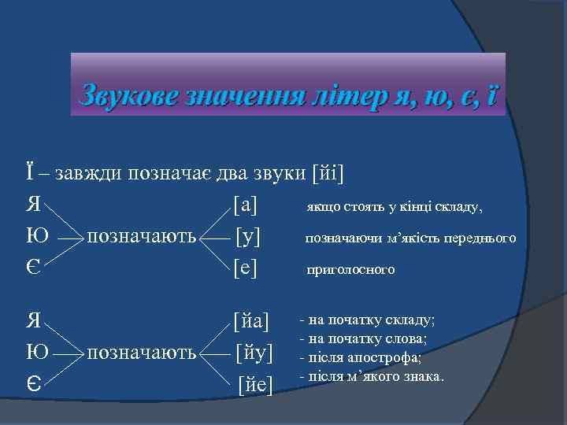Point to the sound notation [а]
[246, 205]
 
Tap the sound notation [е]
[246, 269]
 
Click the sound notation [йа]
[251, 321]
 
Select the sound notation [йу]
[254, 353]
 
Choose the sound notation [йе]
[255, 385]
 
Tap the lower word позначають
[141, 353]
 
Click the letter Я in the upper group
[32, 205]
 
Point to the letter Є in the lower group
[32, 385]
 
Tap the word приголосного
[350, 270]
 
